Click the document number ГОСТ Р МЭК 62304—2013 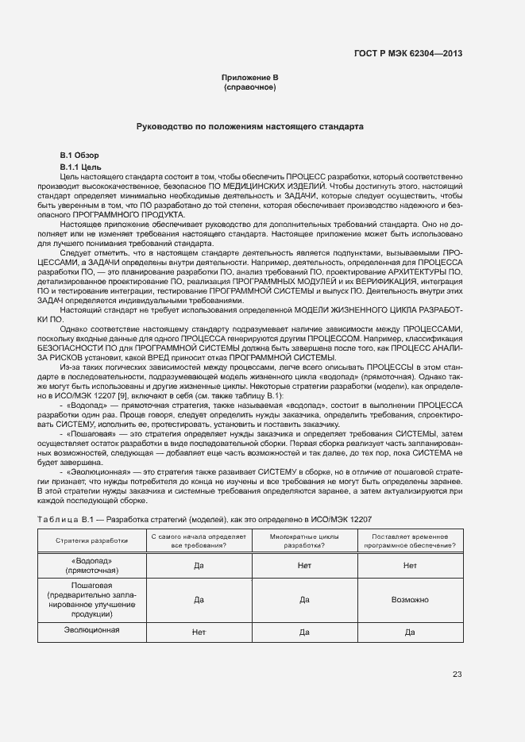(x=408, y=54)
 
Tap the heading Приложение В (x=249, y=78)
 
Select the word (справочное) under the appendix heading (x=249, y=87)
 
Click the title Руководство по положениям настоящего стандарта (x=249, y=126)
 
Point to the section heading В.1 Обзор (x=79, y=155)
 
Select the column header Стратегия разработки (x=91, y=540)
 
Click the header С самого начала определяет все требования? (x=199, y=540)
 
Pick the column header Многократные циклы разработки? (x=304, y=540)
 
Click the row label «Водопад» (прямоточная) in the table (x=91, y=565)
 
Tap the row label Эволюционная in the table (x=91, y=630)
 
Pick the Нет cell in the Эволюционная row (x=199, y=632)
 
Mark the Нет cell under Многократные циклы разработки (x=304, y=566)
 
